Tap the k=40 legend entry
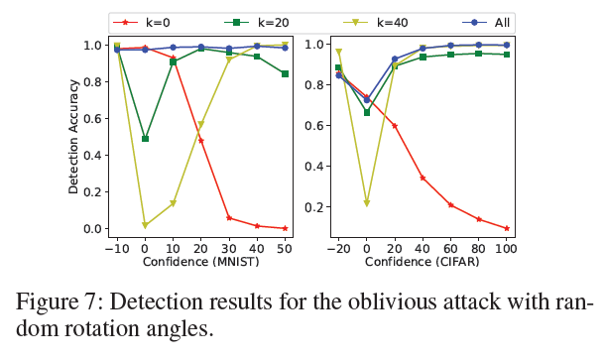click(376, 21)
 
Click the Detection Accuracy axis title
click(73, 137)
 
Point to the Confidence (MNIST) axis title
click(201, 262)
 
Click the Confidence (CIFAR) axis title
click(423, 262)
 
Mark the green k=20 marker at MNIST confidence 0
click(146, 139)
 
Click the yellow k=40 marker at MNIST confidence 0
click(146, 226)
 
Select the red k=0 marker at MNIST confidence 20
click(201, 140)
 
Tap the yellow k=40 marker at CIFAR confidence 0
click(367, 202)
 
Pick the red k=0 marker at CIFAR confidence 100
click(507, 228)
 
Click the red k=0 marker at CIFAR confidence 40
click(423, 179)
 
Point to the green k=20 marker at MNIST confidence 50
click(286, 73)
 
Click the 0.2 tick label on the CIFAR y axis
click(316, 207)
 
